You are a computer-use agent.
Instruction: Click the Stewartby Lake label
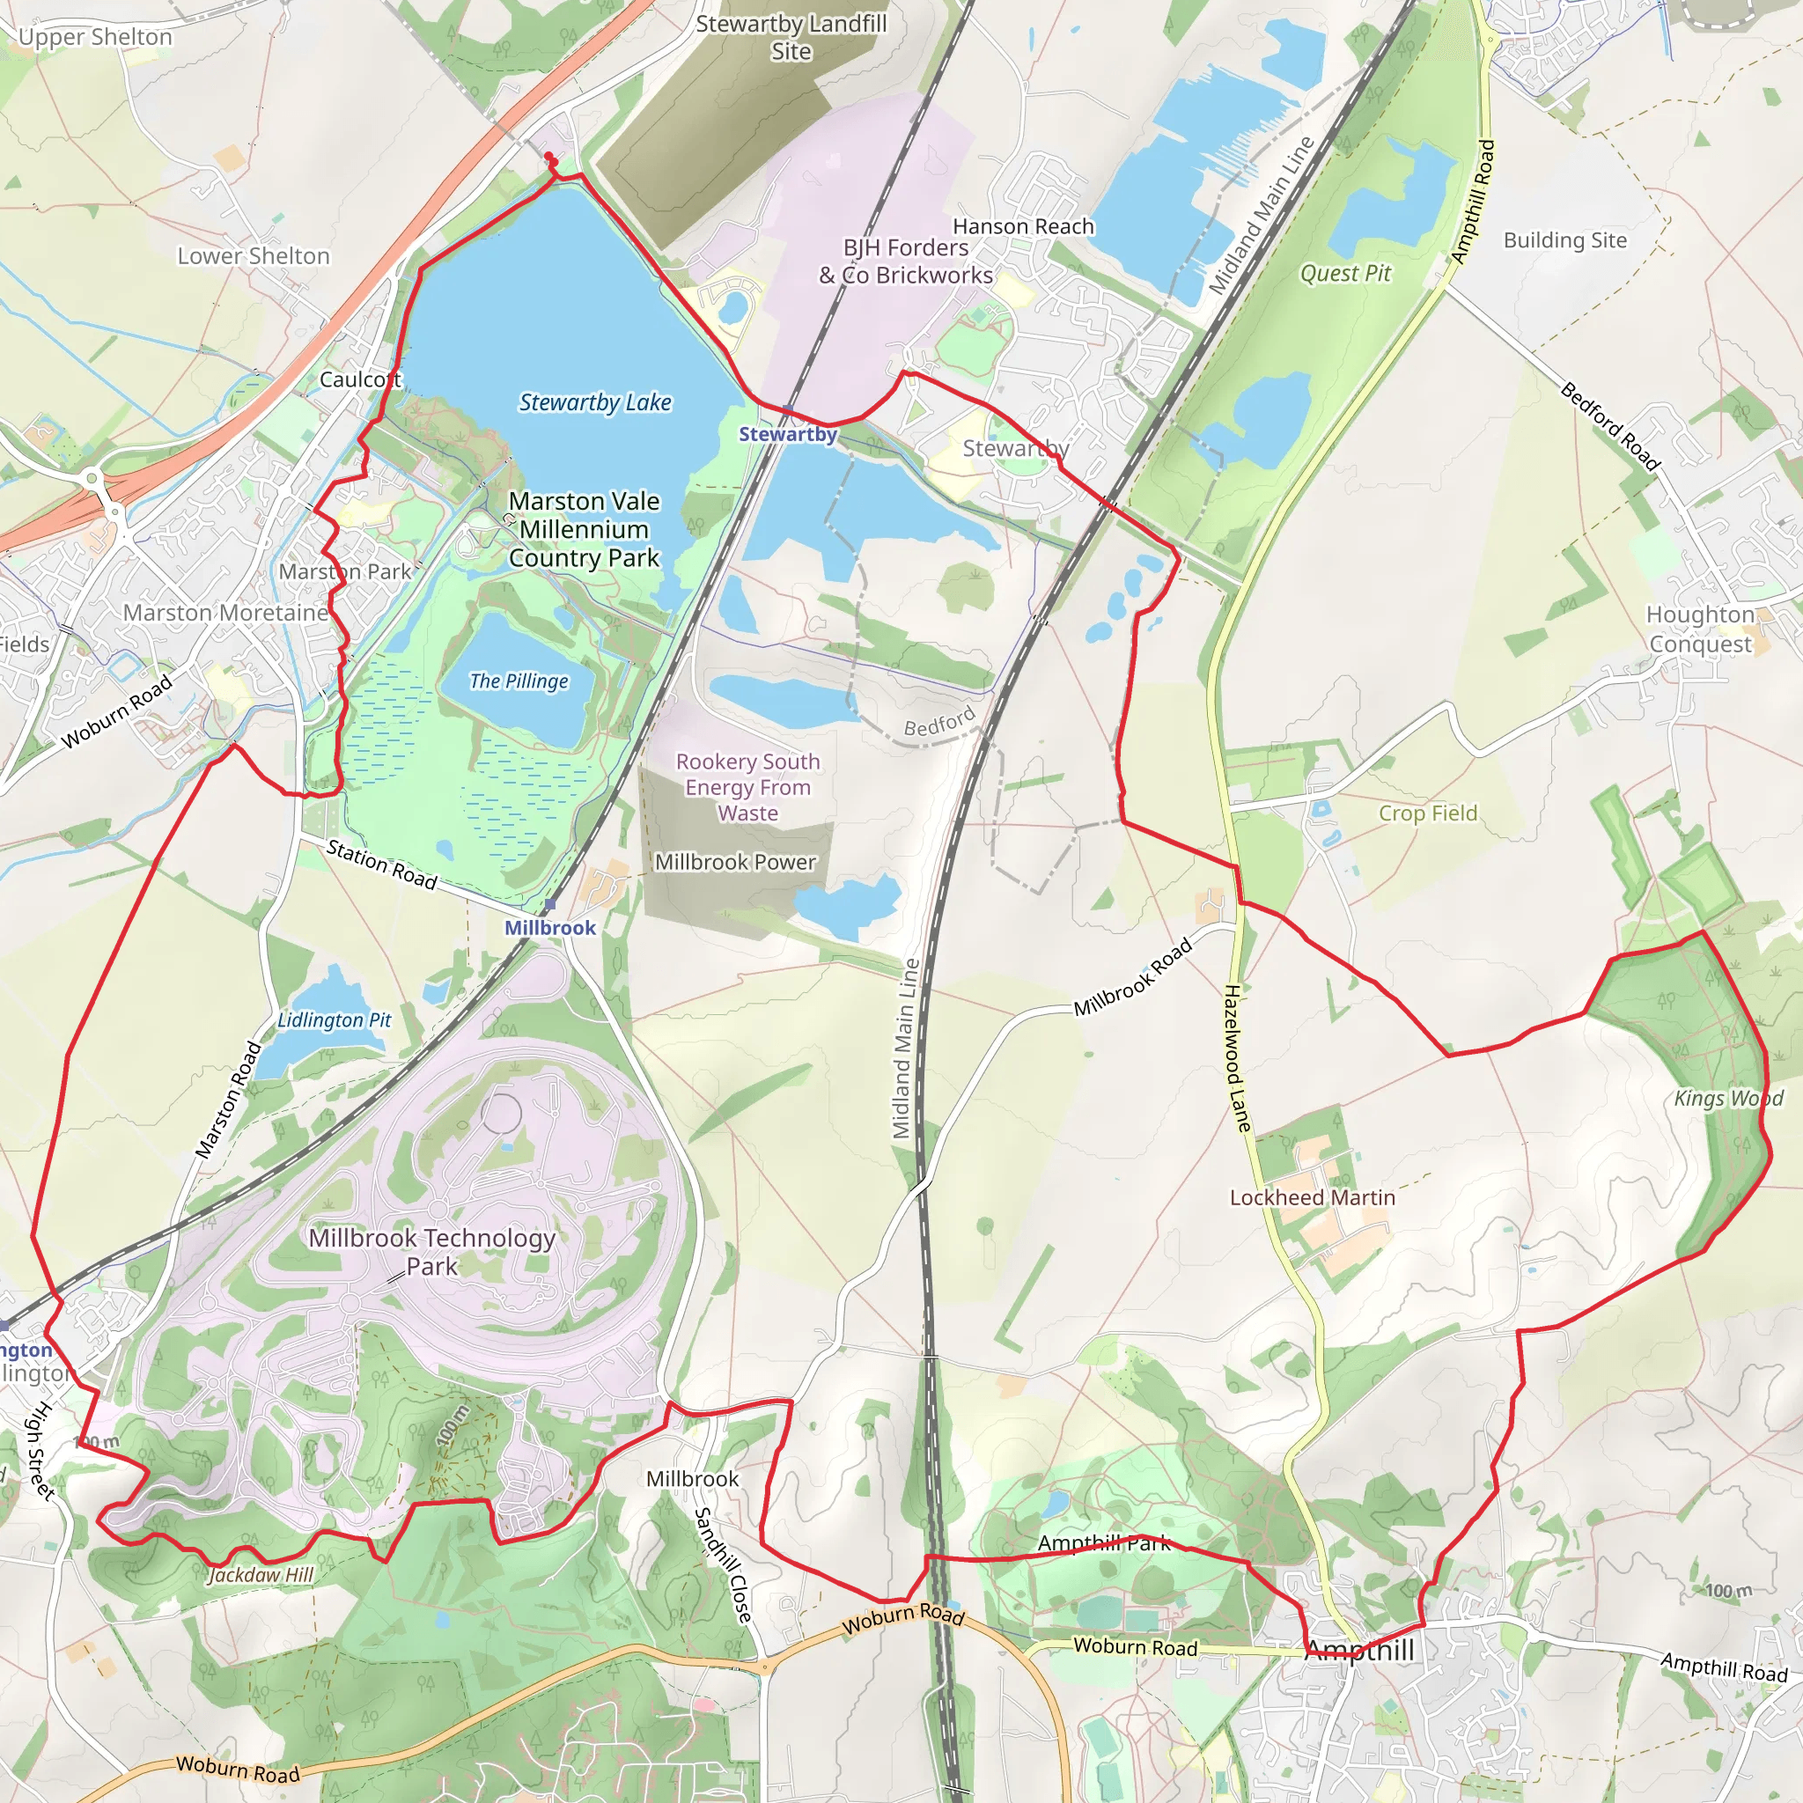594,402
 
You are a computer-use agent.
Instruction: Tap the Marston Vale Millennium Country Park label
585,529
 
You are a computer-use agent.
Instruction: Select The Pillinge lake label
519,681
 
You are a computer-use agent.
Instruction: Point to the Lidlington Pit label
334,1020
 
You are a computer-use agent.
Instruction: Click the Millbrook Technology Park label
432,1252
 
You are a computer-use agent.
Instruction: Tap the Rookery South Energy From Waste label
747,787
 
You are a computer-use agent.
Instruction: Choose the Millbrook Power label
735,862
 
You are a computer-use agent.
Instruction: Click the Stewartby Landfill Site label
791,37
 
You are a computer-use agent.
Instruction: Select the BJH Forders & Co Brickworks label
906,261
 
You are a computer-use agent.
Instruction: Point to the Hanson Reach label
1023,227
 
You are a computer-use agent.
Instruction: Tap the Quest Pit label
1345,274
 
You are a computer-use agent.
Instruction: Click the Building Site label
1565,240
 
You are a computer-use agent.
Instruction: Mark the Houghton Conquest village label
1699,629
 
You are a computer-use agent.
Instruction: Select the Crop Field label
1428,813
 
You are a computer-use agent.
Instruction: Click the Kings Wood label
1728,1099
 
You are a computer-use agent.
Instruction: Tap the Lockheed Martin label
1312,1197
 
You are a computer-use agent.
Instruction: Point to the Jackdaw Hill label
261,1575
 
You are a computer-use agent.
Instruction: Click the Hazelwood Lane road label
1237,1058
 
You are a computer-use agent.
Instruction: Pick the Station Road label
382,865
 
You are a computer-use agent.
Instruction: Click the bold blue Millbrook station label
549,928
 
